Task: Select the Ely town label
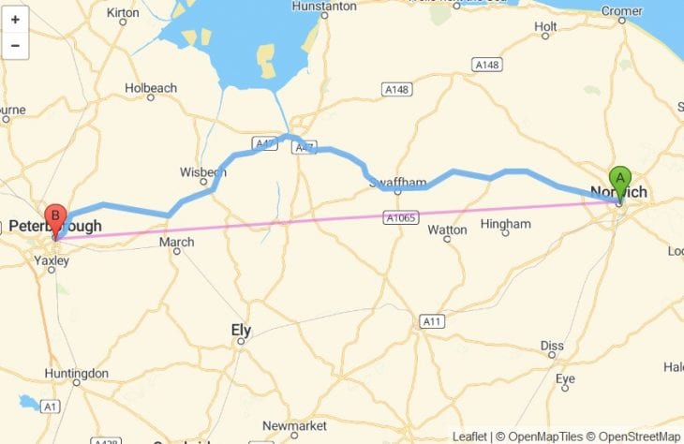241,330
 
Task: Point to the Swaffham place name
398,181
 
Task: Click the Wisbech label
202,172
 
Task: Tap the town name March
176,242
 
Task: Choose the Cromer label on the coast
621,11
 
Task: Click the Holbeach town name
151,88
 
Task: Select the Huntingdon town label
76,374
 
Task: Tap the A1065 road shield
399,217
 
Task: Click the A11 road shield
431,321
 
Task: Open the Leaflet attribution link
469,437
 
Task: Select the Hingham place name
505,224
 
